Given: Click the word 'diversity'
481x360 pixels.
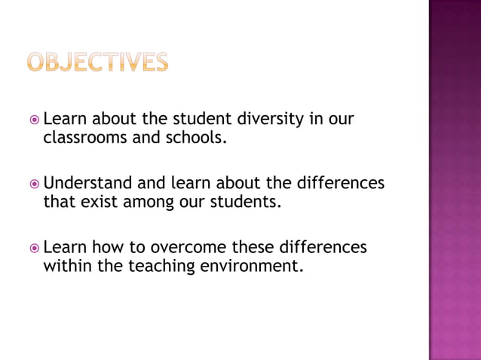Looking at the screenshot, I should coord(269,120).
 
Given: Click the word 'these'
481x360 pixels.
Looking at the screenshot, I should coord(253,248).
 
